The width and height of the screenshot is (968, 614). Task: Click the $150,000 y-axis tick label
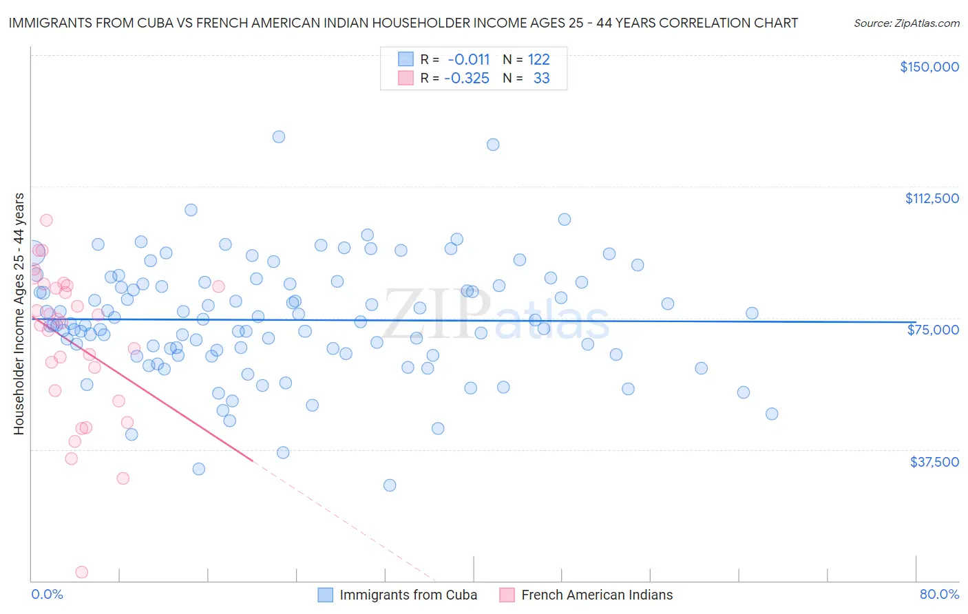(929, 67)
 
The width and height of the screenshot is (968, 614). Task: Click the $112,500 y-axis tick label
(932, 198)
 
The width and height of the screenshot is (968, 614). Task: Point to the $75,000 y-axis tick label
(933, 330)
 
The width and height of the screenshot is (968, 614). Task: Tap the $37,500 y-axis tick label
(934, 462)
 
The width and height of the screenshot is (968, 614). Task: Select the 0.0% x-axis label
(47, 594)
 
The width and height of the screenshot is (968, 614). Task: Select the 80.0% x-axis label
(939, 594)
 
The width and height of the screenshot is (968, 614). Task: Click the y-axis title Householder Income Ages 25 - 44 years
(19, 313)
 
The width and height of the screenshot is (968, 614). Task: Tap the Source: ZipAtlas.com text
(906, 23)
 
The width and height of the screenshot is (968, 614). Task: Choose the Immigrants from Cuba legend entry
(408, 595)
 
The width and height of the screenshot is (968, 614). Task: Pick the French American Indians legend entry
(596, 595)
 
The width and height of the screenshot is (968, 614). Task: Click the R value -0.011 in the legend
(468, 60)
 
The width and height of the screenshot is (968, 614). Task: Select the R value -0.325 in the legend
(467, 78)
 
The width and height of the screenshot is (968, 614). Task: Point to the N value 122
(538, 60)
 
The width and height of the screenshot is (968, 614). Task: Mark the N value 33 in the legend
(541, 78)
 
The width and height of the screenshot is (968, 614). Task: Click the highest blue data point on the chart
(279, 136)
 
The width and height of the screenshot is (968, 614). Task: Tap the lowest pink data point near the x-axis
(81, 572)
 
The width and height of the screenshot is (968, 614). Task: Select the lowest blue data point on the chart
(390, 485)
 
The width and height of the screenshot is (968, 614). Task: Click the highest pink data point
(46, 220)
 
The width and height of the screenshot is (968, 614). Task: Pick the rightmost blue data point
(772, 414)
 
